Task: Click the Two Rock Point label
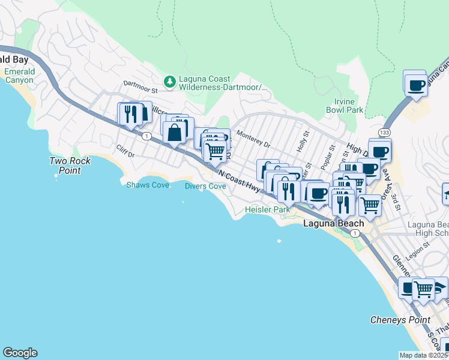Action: click(70, 166)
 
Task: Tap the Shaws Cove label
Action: click(147, 185)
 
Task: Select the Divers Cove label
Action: click(205, 186)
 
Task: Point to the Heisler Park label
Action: click(268, 209)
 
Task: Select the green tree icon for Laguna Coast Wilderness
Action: click(170, 81)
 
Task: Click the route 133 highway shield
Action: click(385, 131)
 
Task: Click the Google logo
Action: click(20, 353)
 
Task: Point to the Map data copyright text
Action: click(423, 355)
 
